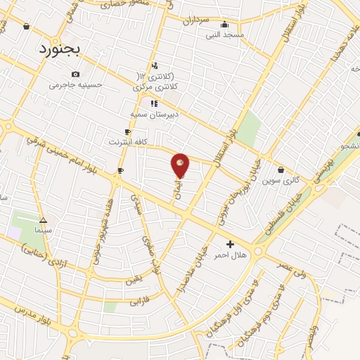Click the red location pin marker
click(x=180, y=165)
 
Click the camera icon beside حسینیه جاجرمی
click(x=75, y=75)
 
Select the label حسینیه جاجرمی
click(x=75, y=85)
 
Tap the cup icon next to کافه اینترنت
click(x=127, y=131)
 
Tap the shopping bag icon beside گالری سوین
click(x=281, y=169)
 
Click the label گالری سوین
click(x=281, y=180)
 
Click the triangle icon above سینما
click(x=44, y=220)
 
